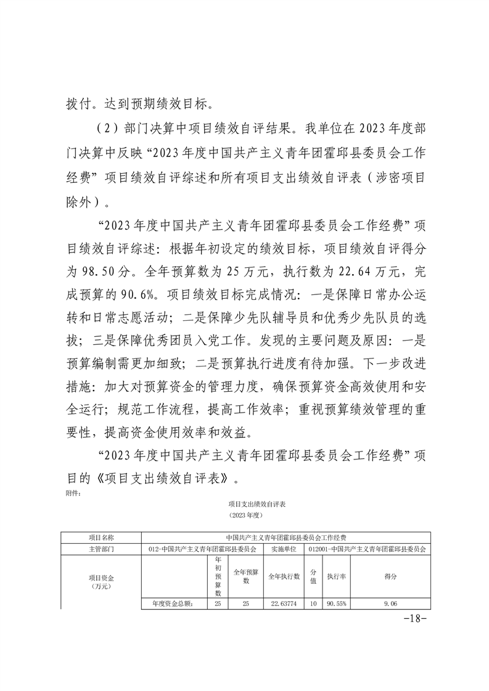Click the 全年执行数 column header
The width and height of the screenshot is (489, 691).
tap(284, 576)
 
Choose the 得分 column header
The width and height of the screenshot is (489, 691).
tap(390, 576)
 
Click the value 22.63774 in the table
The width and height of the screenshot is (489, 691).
tap(284, 604)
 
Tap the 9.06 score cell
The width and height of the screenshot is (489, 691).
tap(390, 604)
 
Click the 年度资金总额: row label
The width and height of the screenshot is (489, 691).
tap(173, 604)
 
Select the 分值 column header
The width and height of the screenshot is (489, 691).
tap(313, 576)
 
